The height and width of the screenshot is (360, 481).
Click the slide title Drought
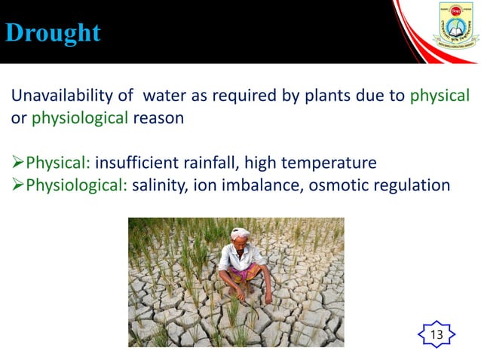[53, 33]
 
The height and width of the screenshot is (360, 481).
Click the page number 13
[436, 334]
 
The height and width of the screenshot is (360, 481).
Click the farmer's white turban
[240, 233]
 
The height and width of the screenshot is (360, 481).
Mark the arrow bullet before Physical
[17, 163]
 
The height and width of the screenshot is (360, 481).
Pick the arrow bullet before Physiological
[17, 185]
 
